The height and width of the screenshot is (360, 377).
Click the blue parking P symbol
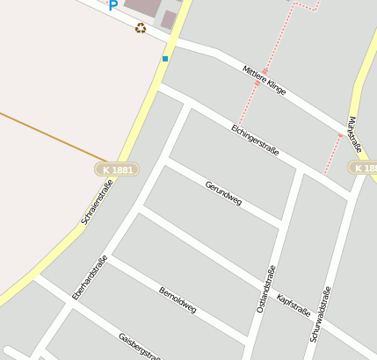point(112,5)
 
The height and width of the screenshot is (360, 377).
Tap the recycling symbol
point(141,28)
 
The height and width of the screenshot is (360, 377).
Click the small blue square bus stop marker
point(164,59)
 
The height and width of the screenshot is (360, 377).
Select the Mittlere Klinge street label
point(265,80)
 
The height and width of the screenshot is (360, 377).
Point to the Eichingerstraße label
point(255,140)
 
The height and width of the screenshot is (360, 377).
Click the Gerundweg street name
point(223,191)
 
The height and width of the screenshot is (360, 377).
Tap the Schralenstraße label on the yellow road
point(96,201)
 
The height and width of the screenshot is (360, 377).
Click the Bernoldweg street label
point(178,299)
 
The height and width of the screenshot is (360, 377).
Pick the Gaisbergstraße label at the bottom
point(140,347)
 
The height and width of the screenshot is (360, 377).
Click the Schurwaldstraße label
point(321,313)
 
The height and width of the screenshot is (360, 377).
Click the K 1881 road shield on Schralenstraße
point(117,169)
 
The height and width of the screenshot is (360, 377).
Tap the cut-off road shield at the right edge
point(364,167)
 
